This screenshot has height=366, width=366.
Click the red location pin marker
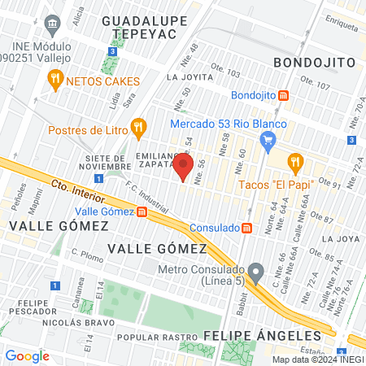[x=182, y=168]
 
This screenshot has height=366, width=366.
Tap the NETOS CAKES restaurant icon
[x=55, y=80]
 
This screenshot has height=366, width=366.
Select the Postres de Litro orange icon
[x=138, y=127]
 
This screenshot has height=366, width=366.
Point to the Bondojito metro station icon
[x=283, y=95]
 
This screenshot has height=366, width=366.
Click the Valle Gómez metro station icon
[x=142, y=212]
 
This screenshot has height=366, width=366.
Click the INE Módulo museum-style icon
[x=54, y=24]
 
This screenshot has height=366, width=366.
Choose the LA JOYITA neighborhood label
[x=183, y=78]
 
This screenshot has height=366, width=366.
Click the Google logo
[x=27, y=355]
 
